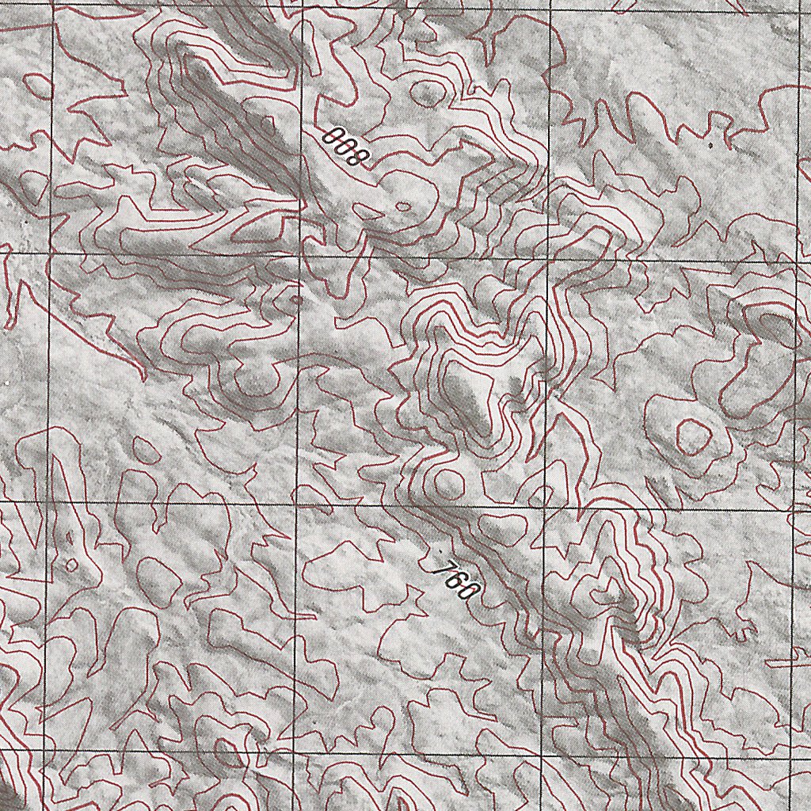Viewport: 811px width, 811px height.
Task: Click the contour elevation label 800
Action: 347,147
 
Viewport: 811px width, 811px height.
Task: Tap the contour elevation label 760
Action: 458,581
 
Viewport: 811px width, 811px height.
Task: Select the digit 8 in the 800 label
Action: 359,158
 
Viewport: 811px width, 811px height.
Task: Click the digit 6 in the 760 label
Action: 458,581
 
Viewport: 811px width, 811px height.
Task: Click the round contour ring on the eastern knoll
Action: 691,433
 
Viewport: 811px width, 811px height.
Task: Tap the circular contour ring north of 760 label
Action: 445,482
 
